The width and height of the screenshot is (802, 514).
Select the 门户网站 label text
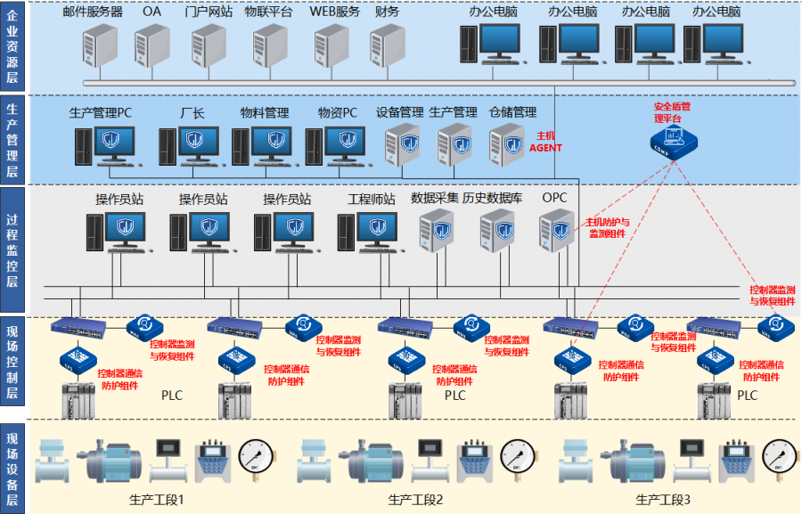209,12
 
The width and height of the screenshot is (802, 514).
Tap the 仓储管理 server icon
507,143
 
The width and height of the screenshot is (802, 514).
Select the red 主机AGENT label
545,142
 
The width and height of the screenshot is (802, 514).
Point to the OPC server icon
556,229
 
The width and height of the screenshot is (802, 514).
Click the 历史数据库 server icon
498,231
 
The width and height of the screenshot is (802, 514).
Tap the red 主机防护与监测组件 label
607,227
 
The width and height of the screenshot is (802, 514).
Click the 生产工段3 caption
663,500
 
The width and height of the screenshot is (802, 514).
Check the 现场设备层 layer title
12,466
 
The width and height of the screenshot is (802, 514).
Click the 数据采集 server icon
437,231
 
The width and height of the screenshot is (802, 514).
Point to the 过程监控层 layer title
12,249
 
